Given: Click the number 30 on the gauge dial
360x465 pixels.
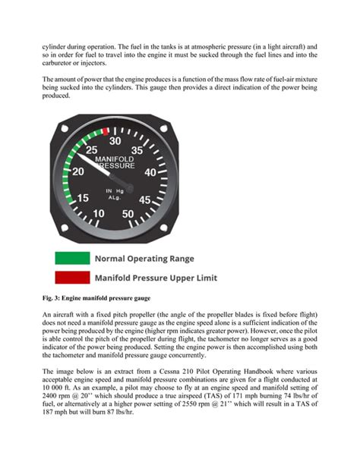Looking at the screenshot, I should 115,140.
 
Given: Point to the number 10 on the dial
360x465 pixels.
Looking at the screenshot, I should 99,214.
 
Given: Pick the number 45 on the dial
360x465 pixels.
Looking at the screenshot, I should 147,200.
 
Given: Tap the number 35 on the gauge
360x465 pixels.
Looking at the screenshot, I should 137,151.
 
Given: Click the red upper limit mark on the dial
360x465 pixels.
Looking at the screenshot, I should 105,131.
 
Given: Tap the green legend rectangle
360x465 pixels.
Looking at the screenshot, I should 71,259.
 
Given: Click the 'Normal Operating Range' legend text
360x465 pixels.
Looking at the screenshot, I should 144,259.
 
